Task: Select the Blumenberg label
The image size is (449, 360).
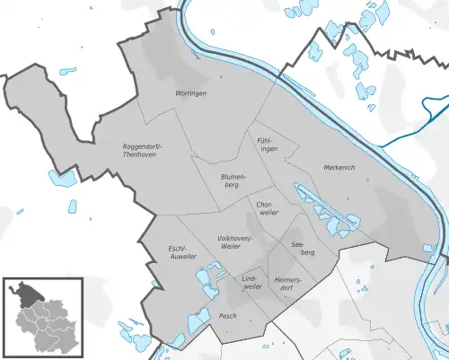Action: [x=233, y=182]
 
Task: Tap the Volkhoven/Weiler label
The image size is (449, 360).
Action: [x=236, y=241]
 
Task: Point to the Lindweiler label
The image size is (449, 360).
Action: [x=251, y=283]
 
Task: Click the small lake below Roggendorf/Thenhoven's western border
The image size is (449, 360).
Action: [x=61, y=178]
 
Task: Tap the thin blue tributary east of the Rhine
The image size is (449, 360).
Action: [x=413, y=133]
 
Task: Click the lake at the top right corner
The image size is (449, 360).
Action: [x=368, y=15]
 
